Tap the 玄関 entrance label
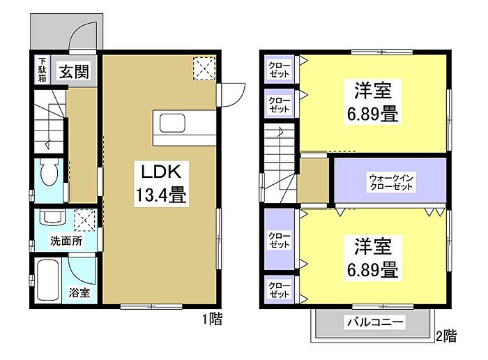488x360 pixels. click(72, 70)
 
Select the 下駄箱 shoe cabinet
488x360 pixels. click(42, 70)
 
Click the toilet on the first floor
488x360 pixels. click(49, 170)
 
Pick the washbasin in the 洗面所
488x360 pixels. click(52, 218)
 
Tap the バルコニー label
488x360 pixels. click(374, 323)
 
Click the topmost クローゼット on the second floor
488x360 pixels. click(280, 70)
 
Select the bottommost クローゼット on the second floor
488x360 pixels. click(280, 290)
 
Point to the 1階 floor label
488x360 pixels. click(213, 320)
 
